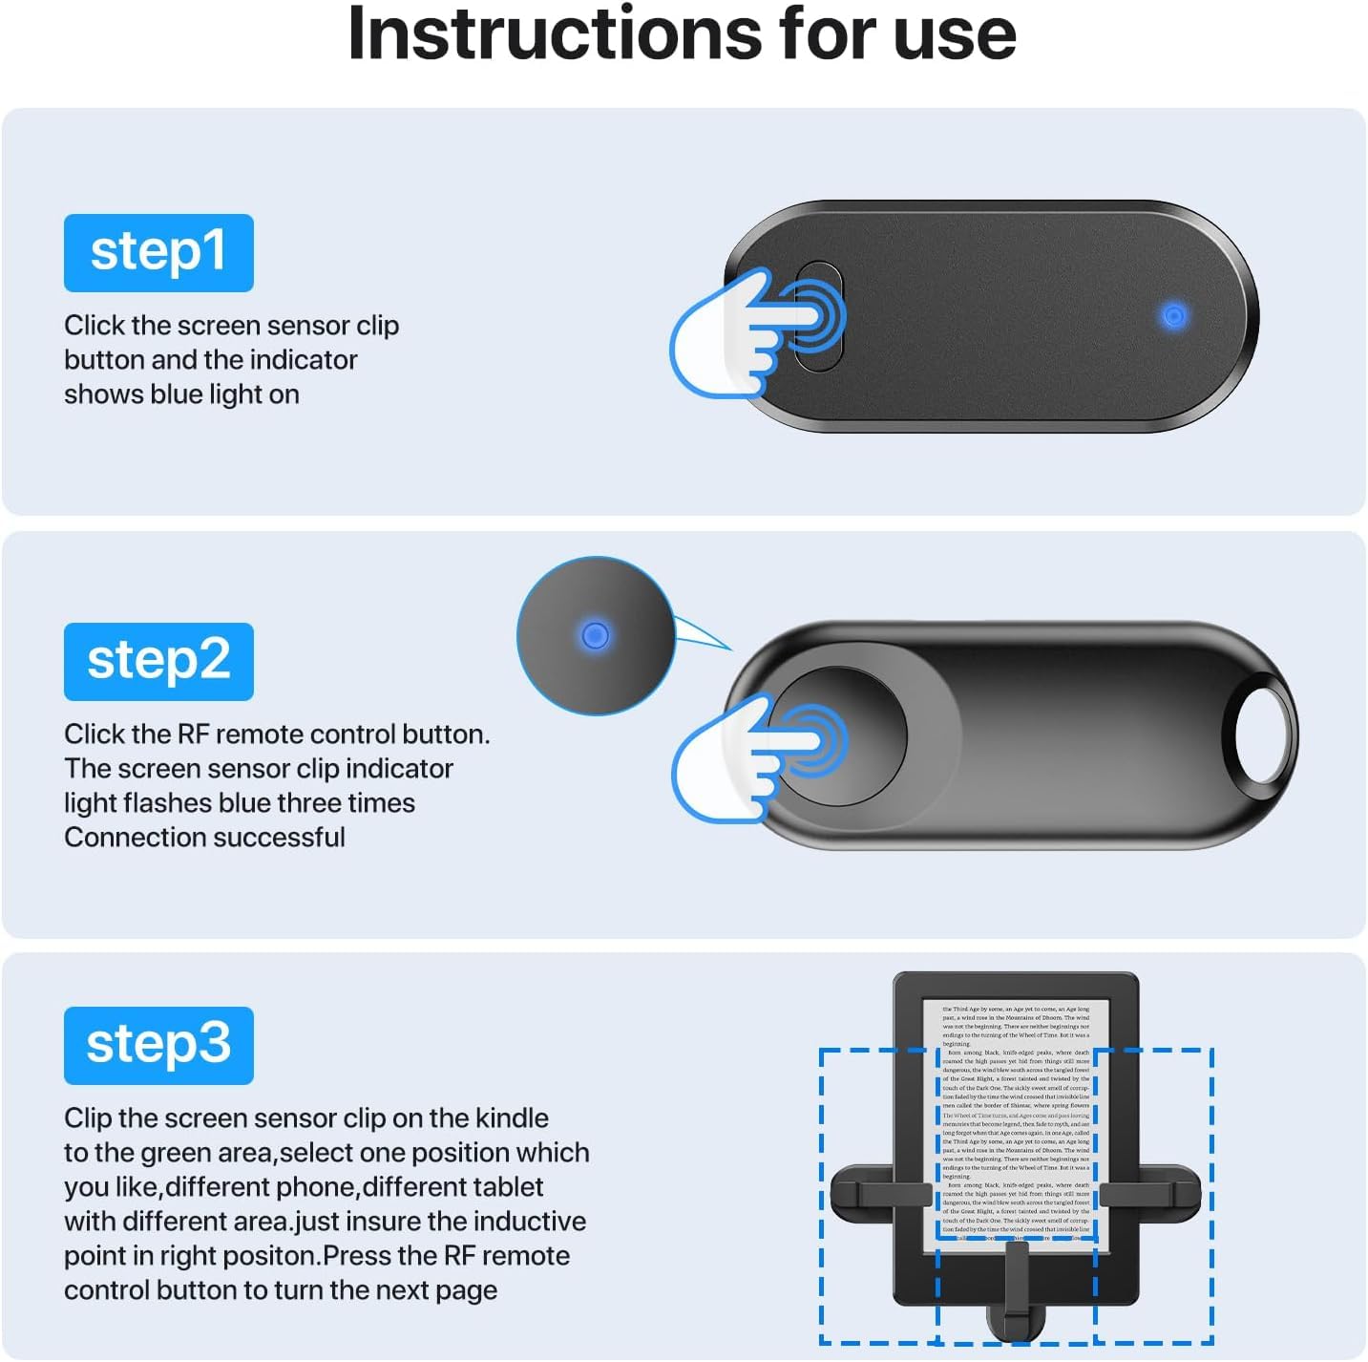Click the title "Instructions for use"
[x=682, y=34]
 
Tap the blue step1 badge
[x=158, y=252]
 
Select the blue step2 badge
[x=158, y=661]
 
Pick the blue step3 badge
[x=158, y=1045]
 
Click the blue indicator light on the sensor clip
[x=1173, y=315]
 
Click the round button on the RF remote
[x=840, y=735]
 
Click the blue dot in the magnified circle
[x=595, y=635]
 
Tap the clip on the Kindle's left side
[x=880, y=1194]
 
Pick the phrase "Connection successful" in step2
[x=204, y=838]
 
